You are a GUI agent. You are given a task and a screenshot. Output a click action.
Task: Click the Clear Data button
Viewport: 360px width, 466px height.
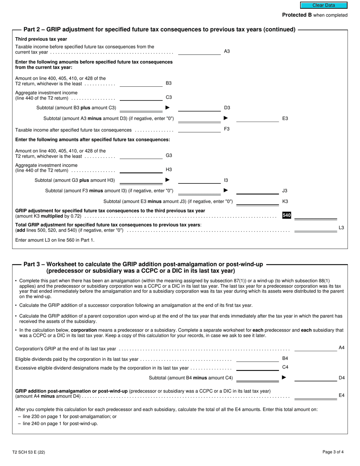(324, 5)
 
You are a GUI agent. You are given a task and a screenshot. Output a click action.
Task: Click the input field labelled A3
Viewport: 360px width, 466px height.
(199, 52)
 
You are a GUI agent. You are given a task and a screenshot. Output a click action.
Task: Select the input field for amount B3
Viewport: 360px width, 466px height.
(141, 83)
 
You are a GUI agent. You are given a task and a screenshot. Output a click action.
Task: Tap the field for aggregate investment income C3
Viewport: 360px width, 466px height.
(141, 97)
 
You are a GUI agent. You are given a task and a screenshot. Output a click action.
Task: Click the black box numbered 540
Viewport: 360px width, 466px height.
(286, 216)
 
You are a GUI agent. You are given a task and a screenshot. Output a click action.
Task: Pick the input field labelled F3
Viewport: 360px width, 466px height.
(199, 129)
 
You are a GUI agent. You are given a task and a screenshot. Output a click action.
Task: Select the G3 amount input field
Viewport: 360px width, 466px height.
(141, 155)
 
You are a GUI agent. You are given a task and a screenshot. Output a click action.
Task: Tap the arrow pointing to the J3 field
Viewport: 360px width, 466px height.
(226, 191)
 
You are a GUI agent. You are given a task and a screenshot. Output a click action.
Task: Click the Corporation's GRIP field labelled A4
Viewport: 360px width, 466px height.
(316, 348)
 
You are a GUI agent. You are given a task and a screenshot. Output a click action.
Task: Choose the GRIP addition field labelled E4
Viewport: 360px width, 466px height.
(316, 396)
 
